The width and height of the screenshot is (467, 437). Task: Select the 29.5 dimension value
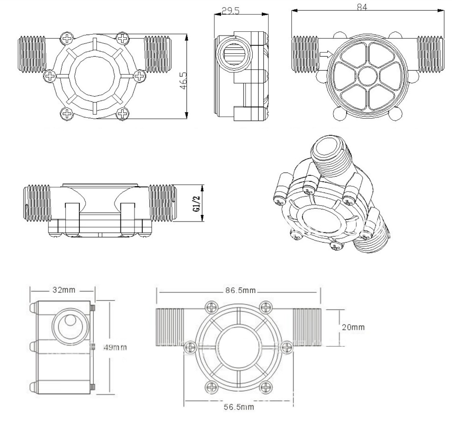click(230, 10)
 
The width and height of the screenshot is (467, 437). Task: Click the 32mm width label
click(63, 290)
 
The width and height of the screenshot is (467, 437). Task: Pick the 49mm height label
click(115, 347)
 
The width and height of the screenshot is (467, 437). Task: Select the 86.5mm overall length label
click(241, 290)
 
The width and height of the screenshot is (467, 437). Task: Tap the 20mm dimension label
click(353, 327)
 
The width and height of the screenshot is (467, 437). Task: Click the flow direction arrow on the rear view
click(325, 55)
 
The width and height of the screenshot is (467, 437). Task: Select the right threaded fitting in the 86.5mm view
click(307, 328)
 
